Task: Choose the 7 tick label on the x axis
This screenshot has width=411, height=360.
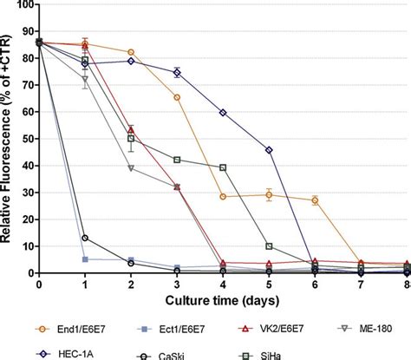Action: point(362,284)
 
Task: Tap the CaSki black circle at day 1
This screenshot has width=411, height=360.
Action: point(85,238)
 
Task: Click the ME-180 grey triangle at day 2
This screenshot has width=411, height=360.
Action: point(131,168)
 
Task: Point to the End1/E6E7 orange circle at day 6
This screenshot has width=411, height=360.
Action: point(315,200)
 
